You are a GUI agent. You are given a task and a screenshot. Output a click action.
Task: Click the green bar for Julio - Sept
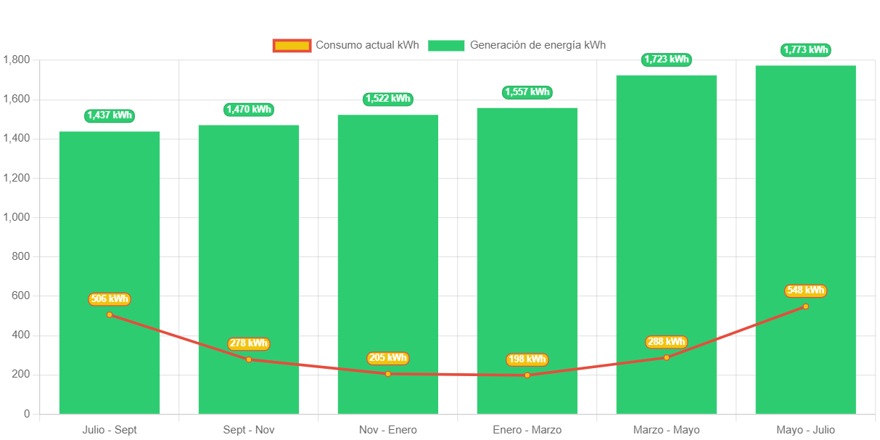coord(109,218)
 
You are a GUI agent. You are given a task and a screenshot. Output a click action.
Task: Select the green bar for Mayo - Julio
coord(805,182)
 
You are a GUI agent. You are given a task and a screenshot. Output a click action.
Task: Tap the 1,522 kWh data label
coord(388,99)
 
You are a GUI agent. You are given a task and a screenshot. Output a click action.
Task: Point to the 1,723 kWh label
coord(666,60)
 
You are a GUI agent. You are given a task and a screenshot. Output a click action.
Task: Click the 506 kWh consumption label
coord(110,299)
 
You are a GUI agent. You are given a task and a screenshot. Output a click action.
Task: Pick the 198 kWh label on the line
coord(527,359)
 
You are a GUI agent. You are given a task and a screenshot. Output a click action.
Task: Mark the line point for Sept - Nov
coord(249,359)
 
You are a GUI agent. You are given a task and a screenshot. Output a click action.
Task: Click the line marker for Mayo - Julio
coord(805,306)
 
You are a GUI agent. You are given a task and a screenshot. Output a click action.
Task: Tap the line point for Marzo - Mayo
coord(666,357)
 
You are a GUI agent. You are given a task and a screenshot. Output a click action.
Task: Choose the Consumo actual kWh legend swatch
coord(292,46)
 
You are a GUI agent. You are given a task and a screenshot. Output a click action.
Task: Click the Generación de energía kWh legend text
coord(538,45)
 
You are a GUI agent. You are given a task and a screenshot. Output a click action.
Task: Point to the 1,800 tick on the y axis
coord(16,60)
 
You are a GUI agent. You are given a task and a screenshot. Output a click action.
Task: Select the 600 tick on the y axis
coord(20,296)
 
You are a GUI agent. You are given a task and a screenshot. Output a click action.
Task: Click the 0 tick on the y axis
coord(27,414)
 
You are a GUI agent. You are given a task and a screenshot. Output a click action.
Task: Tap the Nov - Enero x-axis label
coord(387,430)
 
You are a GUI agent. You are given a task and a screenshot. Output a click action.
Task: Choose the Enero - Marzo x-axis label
coord(527,430)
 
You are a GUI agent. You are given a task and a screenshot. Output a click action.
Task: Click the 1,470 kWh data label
coord(249,110)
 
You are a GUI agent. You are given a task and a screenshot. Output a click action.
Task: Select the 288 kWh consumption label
coord(666,342)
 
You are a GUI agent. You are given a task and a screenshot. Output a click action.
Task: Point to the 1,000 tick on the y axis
coord(16,217)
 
